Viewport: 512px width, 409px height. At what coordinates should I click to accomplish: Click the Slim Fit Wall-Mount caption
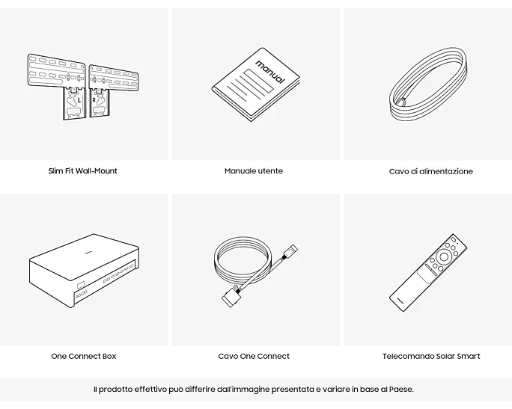click(x=82, y=171)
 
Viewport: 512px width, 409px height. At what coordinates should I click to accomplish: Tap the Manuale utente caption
click(x=254, y=171)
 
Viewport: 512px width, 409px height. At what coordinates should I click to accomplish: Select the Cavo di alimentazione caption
click(x=430, y=171)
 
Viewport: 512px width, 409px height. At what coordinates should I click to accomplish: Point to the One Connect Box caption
click(x=84, y=356)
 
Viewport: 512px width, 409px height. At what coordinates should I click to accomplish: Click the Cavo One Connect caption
click(x=254, y=356)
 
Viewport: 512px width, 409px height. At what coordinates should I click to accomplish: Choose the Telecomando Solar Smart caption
click(x=431, y=356)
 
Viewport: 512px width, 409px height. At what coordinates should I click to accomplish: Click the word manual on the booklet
click(x=270, y=72)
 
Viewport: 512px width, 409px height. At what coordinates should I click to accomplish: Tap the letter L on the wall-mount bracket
click(x=79, y=100)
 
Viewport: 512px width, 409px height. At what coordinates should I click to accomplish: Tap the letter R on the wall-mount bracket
click(x=94, y=100)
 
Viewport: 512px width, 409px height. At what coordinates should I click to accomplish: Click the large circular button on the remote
click(x=444, y=256)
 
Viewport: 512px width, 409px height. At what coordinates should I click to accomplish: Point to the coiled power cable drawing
click(x=428, y=85)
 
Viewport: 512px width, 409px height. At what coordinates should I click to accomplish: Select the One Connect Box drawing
click(x=84, y=271)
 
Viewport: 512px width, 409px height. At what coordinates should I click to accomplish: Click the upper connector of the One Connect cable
click(x=290, y=251)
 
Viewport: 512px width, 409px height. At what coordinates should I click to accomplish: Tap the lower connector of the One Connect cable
click(x=232, y=295)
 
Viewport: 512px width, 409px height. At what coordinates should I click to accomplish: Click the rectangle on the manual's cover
click(x=259, y=81)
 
